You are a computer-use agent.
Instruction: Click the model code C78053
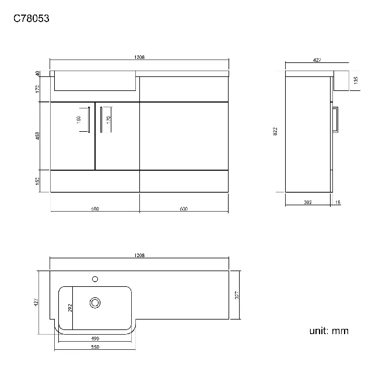(31, 18)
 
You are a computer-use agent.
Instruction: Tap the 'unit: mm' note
(328, 331)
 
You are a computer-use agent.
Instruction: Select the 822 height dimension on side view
(275, 132)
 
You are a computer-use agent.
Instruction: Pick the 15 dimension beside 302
(338, 202)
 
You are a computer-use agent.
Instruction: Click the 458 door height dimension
(38, 136)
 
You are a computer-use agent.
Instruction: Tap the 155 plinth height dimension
(38, 181)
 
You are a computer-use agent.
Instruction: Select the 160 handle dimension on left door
(78, 120)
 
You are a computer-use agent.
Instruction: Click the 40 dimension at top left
(38, 73)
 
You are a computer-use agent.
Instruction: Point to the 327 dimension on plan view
(236, 295)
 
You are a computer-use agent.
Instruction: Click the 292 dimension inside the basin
(71, 307)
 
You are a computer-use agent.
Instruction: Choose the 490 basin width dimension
(95, 338)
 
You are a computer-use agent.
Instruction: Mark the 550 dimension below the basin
(95, 347)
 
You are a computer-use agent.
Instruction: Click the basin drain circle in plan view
(95, 302)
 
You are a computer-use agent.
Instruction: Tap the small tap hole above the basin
(94, 279)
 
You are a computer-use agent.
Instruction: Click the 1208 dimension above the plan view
(139, 255)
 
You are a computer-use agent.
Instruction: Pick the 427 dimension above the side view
(318, 59)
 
